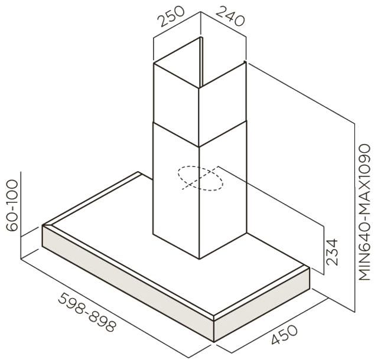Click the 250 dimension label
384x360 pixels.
[x=172, y=18]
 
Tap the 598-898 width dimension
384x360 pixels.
[x=87, y=312]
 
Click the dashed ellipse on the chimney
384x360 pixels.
[x=201, y=178]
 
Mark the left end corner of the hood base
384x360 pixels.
[x=44, y=226]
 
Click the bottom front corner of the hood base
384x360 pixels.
[x=214, y=341]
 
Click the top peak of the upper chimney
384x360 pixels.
[x=198, y=38]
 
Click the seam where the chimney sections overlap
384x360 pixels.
[x=198, y=146]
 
